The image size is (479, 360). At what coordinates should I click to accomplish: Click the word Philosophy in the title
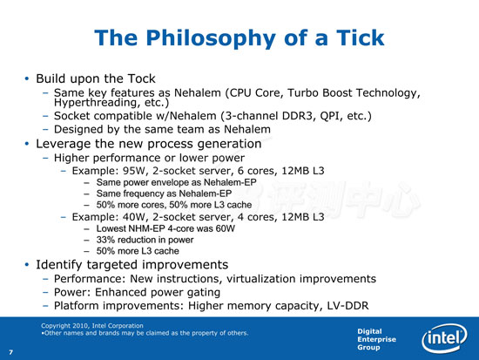point(211,38)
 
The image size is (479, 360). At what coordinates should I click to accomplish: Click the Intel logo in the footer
point(444,338)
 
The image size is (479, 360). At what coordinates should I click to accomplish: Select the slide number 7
point(11,352)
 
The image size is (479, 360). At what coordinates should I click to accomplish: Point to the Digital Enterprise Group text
point(376,339)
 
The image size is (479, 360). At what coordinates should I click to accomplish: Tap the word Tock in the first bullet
point(141,78)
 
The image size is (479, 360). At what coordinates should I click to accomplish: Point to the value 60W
point(226,228)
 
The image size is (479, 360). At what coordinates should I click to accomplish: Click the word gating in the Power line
point(204,293)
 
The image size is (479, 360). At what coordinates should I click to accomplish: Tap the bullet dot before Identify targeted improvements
point(27,265)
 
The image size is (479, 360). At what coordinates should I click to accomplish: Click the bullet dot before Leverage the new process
point(27,144)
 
